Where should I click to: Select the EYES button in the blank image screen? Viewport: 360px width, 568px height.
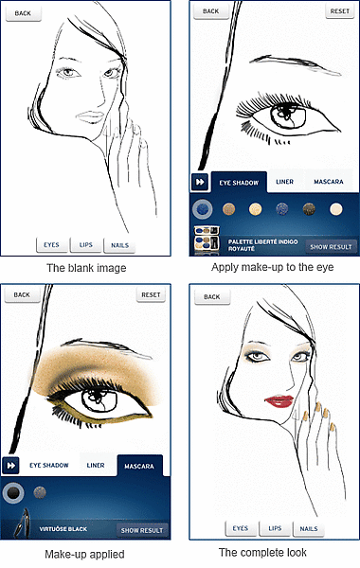coord(51,244)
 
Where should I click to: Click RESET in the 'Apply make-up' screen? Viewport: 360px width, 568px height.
coord(338,11)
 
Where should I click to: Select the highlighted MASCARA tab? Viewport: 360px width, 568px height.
coord(139,465)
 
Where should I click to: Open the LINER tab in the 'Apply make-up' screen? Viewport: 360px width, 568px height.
coord(284,180)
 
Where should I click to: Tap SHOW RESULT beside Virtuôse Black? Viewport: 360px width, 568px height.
coord(142,530)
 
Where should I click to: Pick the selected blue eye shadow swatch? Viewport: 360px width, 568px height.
coord(201,208)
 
